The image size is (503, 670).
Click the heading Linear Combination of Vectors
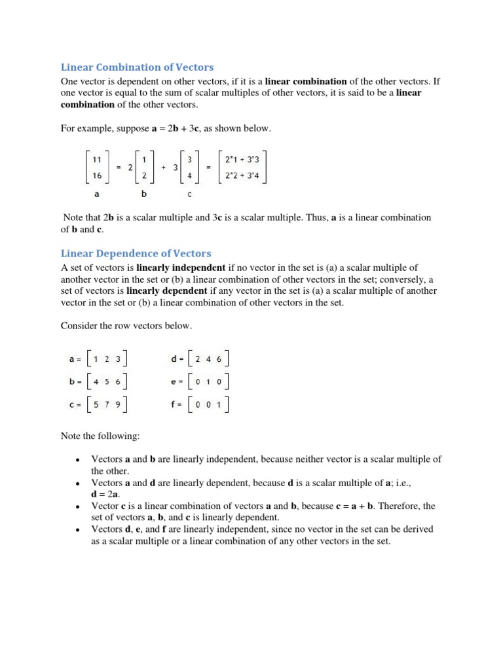pyautogui.click(x=138, y=67)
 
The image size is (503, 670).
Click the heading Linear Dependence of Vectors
pyautogui.click(x=136, y=253)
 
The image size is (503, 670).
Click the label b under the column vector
pyautogui.click(x=143, y=194)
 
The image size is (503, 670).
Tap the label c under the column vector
pyautogui.click(x=190, y=194)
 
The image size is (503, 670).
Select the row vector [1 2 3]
pyautogui.click(x=107, y=359)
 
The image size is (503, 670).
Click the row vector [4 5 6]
pyautogui.click(x=107, y=381)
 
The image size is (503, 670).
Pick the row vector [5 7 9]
pyautogui.click(x=107, y=404)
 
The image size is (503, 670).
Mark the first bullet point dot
pyautogui.click(x=77, y=460)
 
